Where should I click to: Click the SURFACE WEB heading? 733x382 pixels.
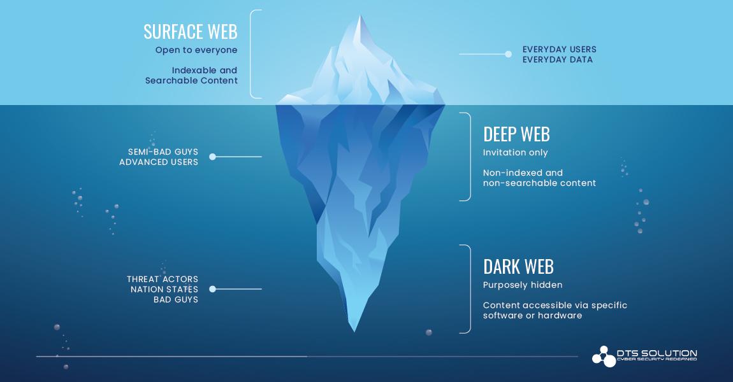tap(191, 32)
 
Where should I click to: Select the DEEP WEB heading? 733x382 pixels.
tap(516, 134)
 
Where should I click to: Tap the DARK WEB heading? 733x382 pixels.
tap(518, 267)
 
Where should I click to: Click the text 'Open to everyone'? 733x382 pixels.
tap(196, 50)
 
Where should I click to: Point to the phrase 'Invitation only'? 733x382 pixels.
tap(515, 153)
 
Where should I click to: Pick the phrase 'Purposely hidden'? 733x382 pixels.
tap(523, 285)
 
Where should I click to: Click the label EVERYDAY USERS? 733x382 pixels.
tap(559, 49)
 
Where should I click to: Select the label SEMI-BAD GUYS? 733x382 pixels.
tap(163, 152)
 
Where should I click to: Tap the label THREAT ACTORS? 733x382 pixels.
tap(162, 279)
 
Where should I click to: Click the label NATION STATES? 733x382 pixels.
tap(164, 290)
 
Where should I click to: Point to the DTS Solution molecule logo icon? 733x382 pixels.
tap(604, 357)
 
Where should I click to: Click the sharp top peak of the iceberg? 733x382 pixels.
tap(360, 16)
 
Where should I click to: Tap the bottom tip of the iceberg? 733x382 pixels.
tap(354, 331)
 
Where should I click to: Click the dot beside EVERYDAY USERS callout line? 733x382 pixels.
tap(508, 54)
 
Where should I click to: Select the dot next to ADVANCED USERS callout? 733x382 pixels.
tap(213, 157)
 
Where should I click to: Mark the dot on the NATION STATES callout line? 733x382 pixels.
tap(213, 289)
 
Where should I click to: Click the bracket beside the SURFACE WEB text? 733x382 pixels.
tap(251, 54)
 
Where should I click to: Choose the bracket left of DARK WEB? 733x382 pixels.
tap(470, 289)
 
